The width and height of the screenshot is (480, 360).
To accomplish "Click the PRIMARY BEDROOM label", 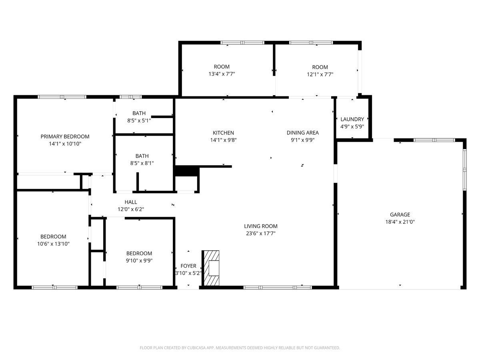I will coord(65,136).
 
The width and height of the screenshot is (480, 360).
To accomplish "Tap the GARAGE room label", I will coord(400,214).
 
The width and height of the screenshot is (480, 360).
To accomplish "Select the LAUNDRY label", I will coord(352,119).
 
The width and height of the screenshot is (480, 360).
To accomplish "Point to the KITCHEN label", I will coord(223,133).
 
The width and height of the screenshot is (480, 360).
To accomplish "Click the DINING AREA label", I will coord(302,133).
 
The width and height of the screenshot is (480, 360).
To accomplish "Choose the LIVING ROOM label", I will coord(261,226).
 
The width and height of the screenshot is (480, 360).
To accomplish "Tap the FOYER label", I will coord(188,266).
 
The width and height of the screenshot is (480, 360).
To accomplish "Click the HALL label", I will coord(130,202).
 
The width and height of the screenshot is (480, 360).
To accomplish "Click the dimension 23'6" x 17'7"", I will coord(261,233).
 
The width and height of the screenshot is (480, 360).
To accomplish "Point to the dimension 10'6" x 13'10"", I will coord(53,244).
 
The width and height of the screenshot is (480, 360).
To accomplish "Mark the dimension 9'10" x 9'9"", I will coord(139,260).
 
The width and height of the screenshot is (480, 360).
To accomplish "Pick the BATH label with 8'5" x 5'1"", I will coord(139,113).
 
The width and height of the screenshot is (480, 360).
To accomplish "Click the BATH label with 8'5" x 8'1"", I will coord(142,156).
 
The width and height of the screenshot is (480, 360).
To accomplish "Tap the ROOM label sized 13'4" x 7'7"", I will coord(222,67).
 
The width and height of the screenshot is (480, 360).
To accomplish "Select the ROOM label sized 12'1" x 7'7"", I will coord(320,67).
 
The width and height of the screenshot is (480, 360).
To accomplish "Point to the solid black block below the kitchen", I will coord(187,171).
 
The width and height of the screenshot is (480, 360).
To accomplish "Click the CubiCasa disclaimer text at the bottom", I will coord(240,348).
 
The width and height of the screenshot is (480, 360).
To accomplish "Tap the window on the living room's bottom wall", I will coord(277,287).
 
